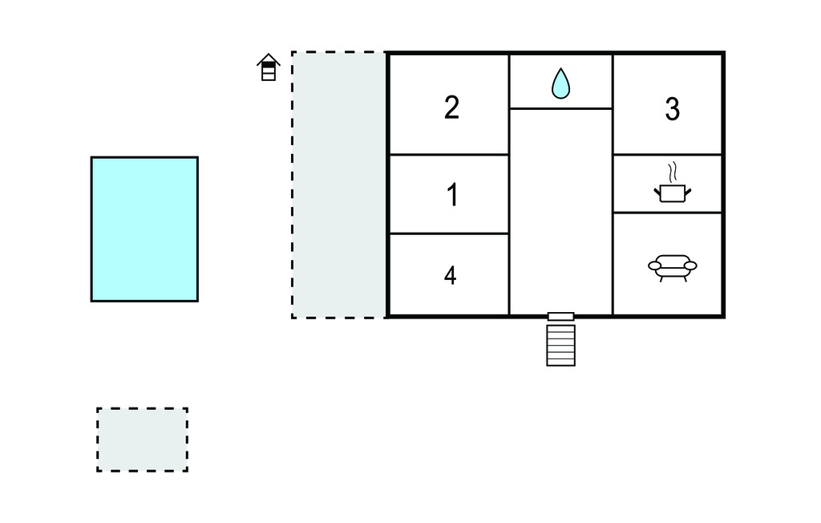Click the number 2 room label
451,107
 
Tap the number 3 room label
673,109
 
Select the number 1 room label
452,194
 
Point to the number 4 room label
451,276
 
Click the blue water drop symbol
560,83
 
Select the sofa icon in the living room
673,268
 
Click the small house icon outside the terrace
268,67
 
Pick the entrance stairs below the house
560,346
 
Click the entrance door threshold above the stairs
560,317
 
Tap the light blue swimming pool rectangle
144,229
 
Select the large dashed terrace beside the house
339,184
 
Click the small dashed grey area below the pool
143,440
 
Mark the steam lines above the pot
673,172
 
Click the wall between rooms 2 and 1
449,155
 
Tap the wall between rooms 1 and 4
449,233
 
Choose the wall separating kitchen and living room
668,213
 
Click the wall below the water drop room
560,108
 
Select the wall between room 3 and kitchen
668,155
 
